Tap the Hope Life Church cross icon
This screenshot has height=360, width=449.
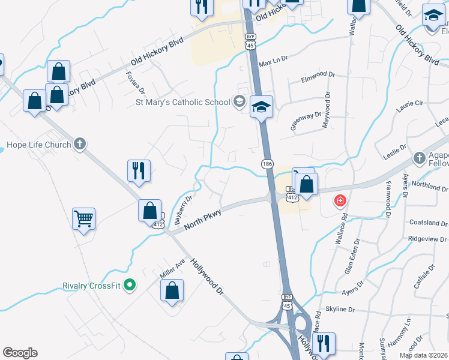pyautogui.click(x=80, y=144)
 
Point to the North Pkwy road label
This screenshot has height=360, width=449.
pyautogui.click(x=203, y=218)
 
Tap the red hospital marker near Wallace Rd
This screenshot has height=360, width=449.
pyautogui.click(x=340, y=200)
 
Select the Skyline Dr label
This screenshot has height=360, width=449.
pyautogui.click(x=340, y=309)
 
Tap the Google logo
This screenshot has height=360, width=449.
pyautogui.click(x=20, y=353)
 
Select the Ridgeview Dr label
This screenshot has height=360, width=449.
pyautogui.click(x=427, y=238)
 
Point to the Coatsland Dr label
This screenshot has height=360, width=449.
pyautogui.click(x=428, y=223)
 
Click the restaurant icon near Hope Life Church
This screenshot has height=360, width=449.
pyautogui.click(x=139, y=170)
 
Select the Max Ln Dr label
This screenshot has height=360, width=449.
pyautogui.click(x=274, y=62)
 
